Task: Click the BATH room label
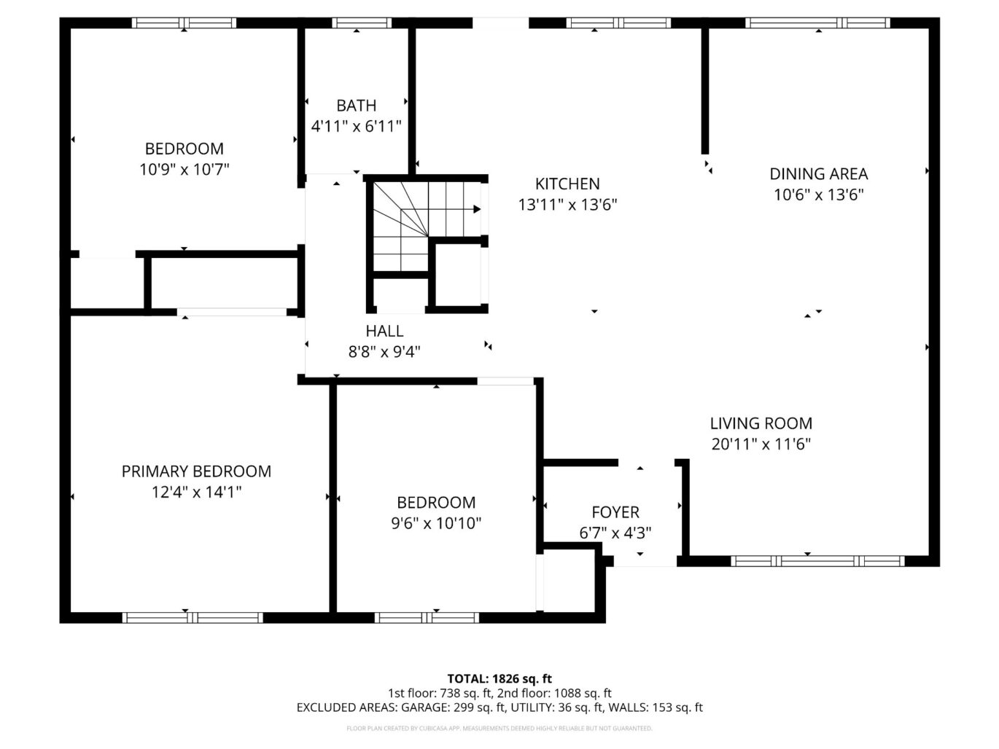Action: pos(357,106)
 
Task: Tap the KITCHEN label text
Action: pos(567,184)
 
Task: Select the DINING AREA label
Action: pos(818,173)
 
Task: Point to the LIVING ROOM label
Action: pos(761,423)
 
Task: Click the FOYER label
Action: pos(615,512)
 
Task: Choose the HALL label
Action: pos(384,331)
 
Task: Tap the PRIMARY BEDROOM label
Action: pos(196,471)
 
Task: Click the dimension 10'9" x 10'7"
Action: pos(184,170)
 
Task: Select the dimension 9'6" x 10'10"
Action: pos(436,523)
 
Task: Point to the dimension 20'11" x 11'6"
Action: pos(761,444)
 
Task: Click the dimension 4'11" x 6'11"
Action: pos(357,126)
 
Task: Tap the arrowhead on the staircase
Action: pos(477,209)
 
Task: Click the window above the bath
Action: pos(362,23)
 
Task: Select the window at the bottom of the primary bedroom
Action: pos(193,618)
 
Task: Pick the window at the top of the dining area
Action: pos(817,23)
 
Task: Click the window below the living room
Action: pos(817,561)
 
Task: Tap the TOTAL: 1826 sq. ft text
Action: pos(499,679)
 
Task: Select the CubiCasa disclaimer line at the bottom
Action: pos(499,729)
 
